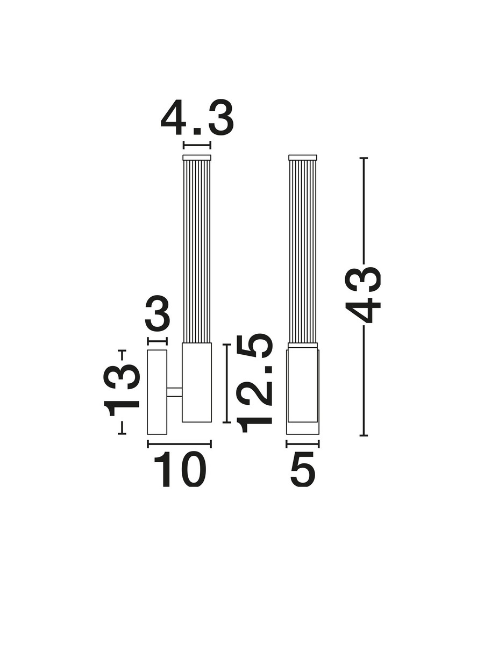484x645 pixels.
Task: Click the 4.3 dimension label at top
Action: [x=197, y=118]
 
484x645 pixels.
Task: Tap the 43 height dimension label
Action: [x=362, y=295]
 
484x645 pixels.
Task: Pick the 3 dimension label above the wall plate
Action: [x=157, y=313]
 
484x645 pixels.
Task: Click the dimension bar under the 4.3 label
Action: [x=197, y=145]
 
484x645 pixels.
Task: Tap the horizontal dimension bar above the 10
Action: [x=179, y=444]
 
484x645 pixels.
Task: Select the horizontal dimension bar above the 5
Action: [x=303, y=444]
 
